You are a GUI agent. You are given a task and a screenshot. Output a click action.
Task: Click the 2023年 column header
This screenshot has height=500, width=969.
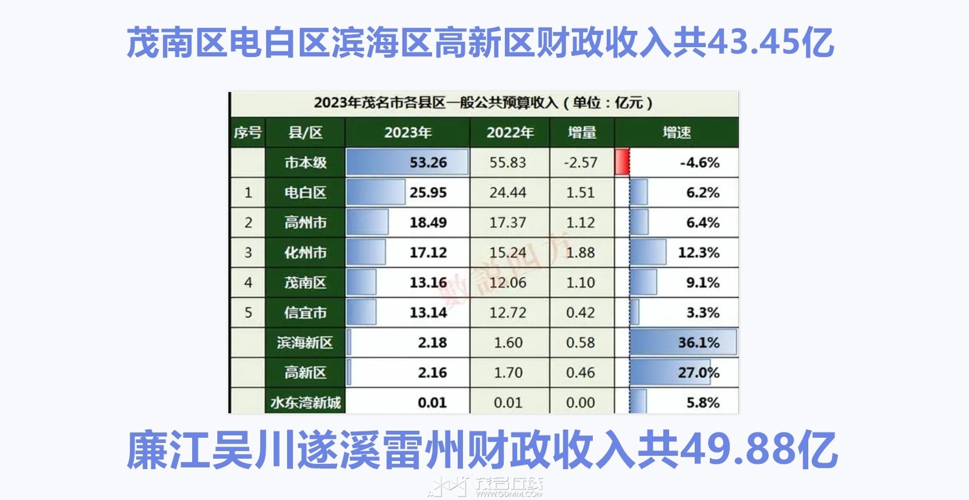click(408, 133)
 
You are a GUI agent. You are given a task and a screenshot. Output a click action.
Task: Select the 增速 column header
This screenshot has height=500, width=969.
click(677, 133)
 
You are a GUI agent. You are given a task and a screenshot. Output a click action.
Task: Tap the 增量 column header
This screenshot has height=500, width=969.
click(582, 133)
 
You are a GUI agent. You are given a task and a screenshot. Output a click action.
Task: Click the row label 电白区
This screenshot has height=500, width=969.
click(305, 193)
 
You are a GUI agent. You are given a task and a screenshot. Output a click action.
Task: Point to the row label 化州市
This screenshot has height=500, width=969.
click(305, 253)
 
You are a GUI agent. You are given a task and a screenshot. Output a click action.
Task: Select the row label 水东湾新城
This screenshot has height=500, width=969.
click(305, 402)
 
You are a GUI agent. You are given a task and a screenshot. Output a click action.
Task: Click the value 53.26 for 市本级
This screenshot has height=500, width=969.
click(428, 162)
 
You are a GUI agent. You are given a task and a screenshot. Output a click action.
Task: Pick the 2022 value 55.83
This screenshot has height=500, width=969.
click(508, 162)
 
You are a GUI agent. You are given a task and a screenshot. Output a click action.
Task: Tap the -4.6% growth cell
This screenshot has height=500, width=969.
click(699, 162)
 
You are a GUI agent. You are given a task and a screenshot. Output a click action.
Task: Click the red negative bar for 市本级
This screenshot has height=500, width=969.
click(622, 162)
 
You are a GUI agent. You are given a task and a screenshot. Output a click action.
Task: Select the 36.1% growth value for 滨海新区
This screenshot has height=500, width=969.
click(699, 342)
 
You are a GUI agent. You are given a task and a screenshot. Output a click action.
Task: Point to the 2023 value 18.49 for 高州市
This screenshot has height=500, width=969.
click(428, 222)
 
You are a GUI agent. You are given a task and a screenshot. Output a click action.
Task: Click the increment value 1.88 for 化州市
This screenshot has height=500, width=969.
click(581, 253)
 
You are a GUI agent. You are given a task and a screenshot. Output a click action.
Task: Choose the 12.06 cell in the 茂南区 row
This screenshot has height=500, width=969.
click(508, 283)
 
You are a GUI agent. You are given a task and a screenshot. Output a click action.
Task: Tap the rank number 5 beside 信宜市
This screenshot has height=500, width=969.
click(248, 313)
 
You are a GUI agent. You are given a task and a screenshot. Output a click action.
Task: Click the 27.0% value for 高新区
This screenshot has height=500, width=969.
click(699, 373)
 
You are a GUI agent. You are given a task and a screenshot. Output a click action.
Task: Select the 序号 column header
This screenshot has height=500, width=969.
click(247, 133)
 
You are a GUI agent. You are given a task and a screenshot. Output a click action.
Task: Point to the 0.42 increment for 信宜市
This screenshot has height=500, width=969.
click(581, 313)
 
